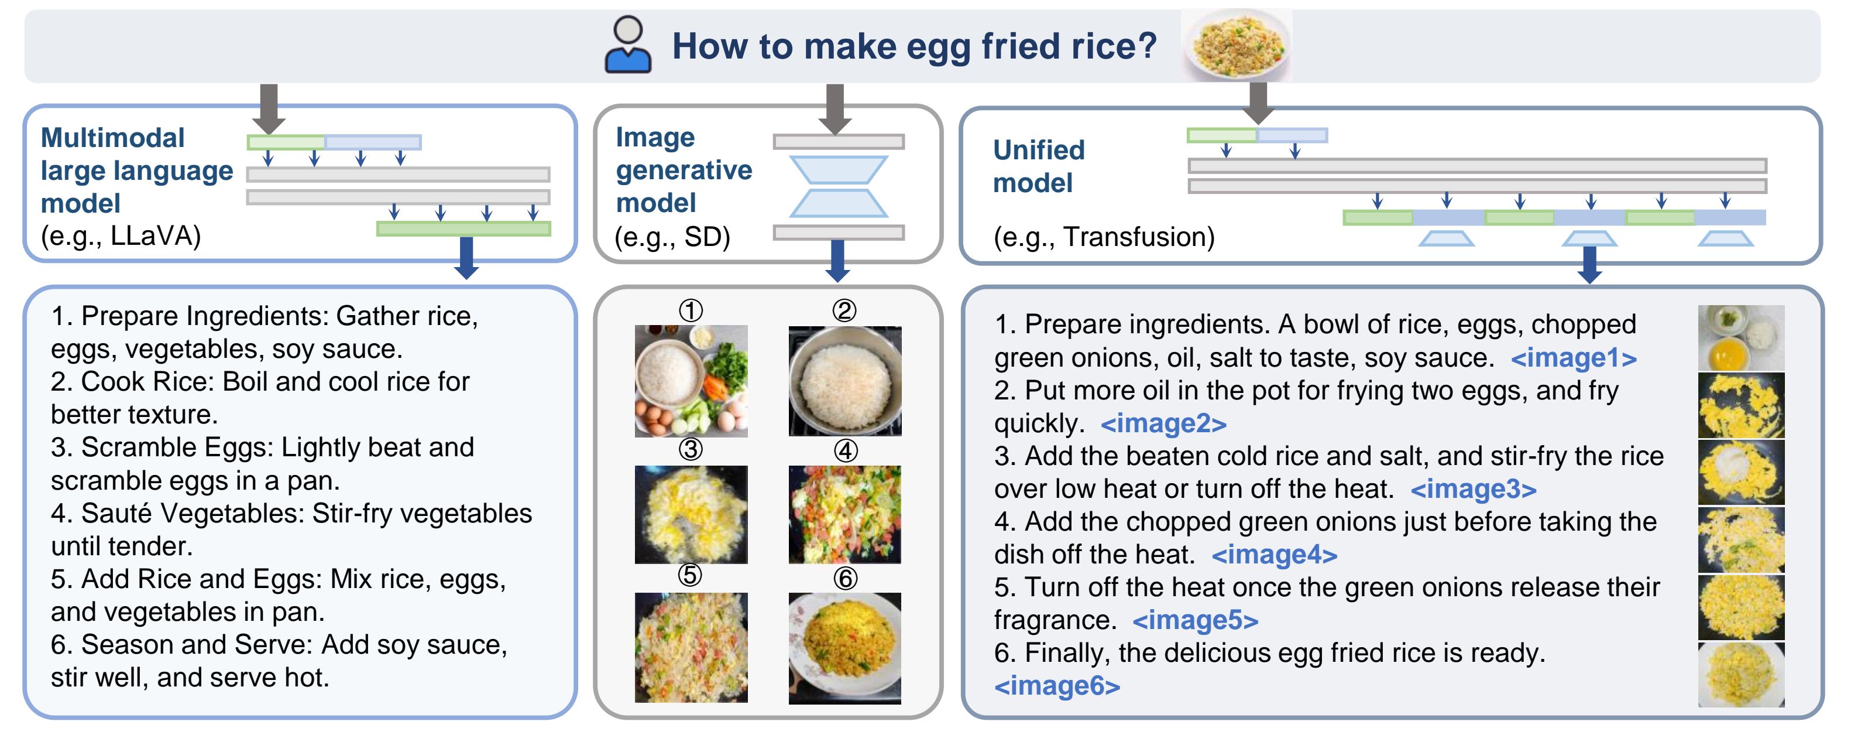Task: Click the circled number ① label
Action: click(x=691, y=310)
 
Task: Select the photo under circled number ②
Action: click(x=845, y=381)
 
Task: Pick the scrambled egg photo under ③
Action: click(x=691, y=514)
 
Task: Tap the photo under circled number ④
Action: click(x=845, y=514)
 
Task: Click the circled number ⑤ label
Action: click(x=689, y=575)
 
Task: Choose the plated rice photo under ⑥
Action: click(x=845, y=648)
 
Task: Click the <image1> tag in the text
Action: click(x=1574, y=358)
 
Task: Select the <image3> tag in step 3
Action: click(x=1474, y=489)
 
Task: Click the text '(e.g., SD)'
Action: click(x=672, y=237)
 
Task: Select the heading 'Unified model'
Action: click(x=1038, y=166)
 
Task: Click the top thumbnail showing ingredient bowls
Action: click(x=1741, y=338)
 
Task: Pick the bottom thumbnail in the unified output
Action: click(x=1741, y=675)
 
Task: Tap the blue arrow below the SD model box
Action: click(x=837, y=261)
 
